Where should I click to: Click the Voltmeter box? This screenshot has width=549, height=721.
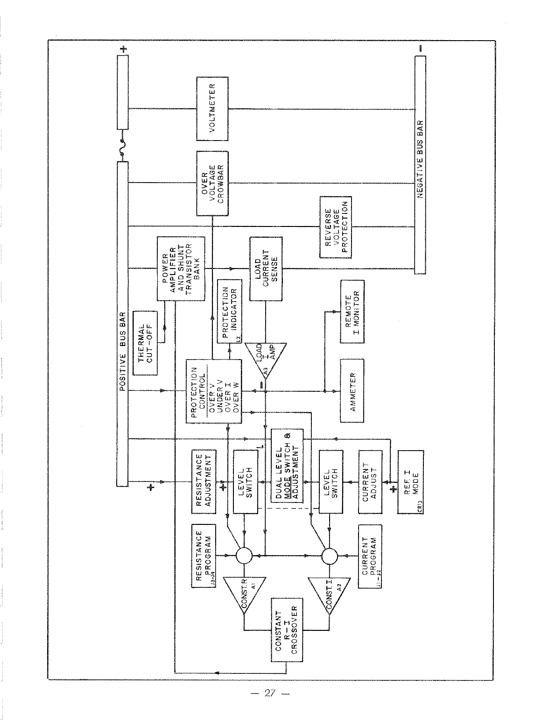pyautogui.click(x=212, y=108)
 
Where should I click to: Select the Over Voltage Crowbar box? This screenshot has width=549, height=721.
pyautogui.click(x=212, y=183)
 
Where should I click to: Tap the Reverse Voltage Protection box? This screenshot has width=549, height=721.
pyautogui.click(x=335, y=227)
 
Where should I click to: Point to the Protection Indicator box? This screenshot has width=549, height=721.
pyautogui.click(x=230, y=311)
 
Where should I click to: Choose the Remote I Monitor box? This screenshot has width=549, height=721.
pyautogui.click(x=352, y=311)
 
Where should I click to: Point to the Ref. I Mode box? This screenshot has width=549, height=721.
pyautogui.click(x=411, y=481)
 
